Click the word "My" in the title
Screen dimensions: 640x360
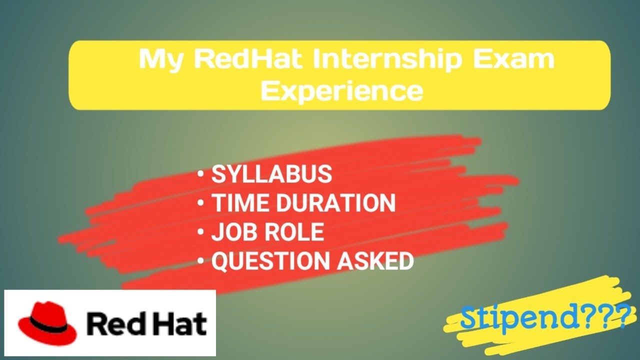click(x=160, y=60)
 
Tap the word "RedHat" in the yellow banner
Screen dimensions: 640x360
click(x=248, y=58)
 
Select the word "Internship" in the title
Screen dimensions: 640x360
click(x=387, y=60)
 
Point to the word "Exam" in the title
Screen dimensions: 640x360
click(x=513, y=58)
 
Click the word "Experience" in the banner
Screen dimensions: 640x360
click(x=341, y=91)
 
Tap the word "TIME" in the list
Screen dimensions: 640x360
click(x=241, y=202)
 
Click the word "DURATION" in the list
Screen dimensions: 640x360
click(x=336, y=202)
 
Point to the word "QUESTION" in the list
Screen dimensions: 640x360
click(x=271, y=261)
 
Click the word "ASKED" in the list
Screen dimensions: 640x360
click(x=375, y=260)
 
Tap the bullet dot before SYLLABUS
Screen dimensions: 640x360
click(x=200, y=174)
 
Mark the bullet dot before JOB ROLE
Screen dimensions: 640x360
click(x=200, y=231)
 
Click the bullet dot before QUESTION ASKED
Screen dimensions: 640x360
click(x=200, y=260)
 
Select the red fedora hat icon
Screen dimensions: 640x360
click(x=47, y=323)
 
